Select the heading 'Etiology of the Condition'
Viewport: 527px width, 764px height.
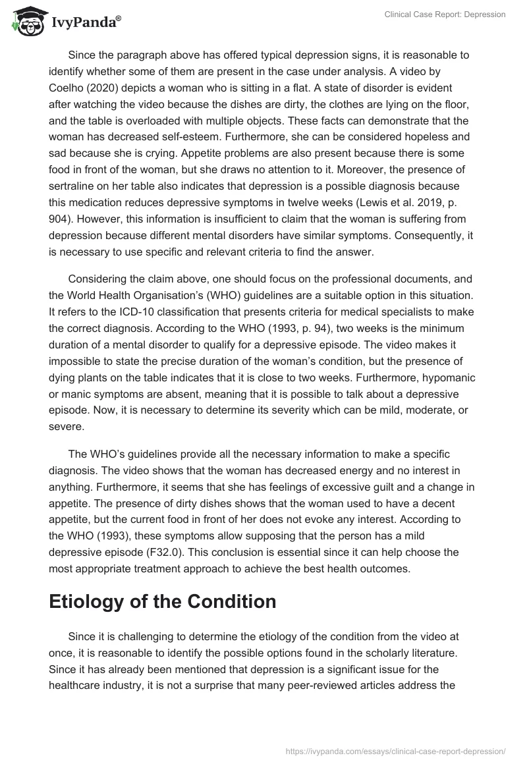(x=163, y=602)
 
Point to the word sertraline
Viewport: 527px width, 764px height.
(x=73, y=186)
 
